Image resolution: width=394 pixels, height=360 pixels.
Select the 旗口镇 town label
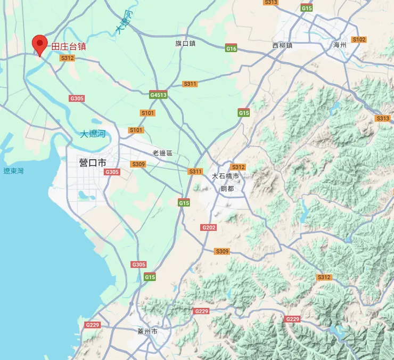186,44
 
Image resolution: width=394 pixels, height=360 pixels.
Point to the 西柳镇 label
282,45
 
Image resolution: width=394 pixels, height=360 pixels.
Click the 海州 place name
340,45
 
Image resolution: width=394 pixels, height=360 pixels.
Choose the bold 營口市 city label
93,162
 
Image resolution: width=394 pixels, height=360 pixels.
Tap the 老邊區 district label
163,153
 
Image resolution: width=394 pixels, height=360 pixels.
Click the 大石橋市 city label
226,176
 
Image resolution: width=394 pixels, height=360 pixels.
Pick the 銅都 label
227,188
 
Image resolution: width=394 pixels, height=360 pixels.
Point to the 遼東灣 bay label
13,171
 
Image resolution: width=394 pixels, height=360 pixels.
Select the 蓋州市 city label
147,331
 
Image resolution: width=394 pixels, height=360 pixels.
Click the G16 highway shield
231,48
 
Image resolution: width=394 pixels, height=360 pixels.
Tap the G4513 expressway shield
159,95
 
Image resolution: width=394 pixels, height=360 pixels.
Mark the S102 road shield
359,39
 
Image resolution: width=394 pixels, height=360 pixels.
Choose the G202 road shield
209,227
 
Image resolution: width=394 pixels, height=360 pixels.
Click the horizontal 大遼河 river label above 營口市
94,134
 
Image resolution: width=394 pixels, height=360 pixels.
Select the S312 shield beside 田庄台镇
68,58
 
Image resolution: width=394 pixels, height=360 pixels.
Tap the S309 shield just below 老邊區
138,164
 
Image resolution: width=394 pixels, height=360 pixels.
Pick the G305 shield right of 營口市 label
112,172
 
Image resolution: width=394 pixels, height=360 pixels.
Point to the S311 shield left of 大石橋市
195,171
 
